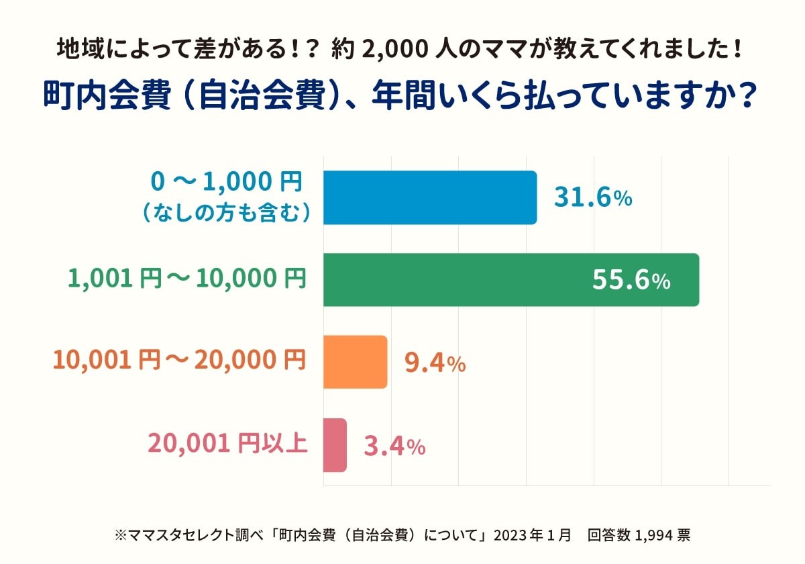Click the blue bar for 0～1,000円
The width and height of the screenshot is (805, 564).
tap(430, 197)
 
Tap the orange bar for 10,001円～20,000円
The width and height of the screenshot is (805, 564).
tap(355, 362)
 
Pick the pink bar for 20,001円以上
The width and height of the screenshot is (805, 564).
tap(335, 444)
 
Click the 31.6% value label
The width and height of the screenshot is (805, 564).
tap(593, 197)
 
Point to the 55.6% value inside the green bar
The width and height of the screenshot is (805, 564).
tap(631, 281)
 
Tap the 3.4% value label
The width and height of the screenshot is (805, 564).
tap(394, 446)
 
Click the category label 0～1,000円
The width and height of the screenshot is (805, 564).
tap(227, 181)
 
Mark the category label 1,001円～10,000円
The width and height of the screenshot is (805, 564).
tap(187, 278)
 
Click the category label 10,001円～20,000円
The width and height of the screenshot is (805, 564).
tap(179, 361)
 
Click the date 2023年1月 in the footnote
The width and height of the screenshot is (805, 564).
tap(533, 535)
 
